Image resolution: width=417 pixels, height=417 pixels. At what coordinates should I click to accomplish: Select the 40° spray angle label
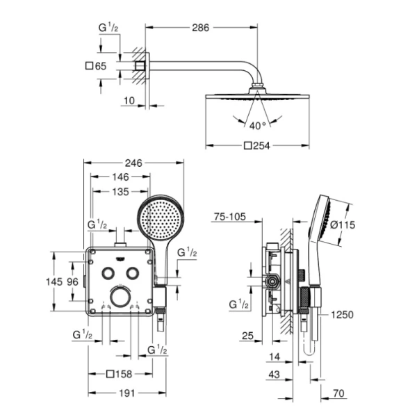[x=258, y=126]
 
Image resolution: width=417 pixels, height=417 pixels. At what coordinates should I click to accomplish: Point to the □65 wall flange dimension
[x=97, y=67]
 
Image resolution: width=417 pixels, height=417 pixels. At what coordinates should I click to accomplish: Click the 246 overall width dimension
[x=133, y=163]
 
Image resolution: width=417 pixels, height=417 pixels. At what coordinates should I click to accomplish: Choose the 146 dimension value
[x=121, y=177]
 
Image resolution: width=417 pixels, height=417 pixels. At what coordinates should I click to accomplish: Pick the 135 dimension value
[x=120, y=191]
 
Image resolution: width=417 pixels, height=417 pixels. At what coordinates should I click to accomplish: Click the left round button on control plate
[x=108, y=273]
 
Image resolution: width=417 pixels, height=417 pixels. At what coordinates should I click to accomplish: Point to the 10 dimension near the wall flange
[x=130, y=101]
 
